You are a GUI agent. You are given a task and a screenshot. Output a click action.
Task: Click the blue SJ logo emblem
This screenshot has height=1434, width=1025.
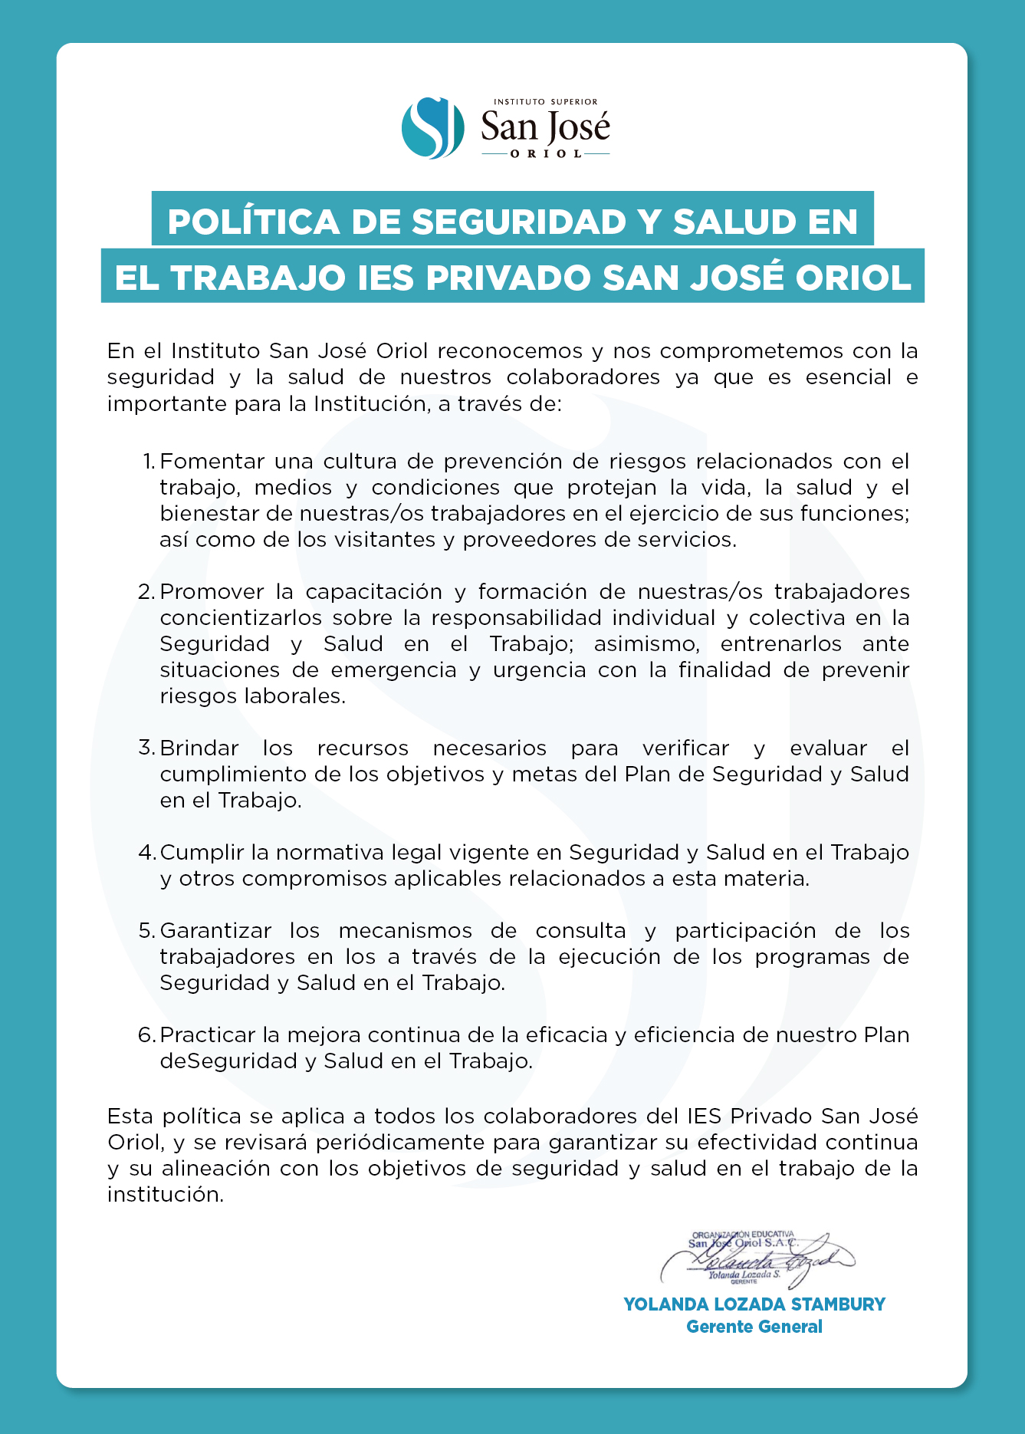click(433, 128)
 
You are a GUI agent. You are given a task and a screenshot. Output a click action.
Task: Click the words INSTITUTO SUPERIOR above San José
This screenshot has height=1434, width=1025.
click(545, 101)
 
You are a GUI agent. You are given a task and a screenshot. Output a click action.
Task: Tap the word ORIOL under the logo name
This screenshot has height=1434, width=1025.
click(546, 153)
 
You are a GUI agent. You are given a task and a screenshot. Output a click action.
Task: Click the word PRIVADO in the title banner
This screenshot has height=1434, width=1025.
click(508, 278)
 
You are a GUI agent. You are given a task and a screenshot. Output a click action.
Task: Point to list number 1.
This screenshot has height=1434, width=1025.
click(149, 462)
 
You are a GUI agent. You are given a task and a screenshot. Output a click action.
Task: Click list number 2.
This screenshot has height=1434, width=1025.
click(147, 592)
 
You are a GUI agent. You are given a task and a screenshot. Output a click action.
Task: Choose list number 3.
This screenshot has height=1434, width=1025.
click(147, 748)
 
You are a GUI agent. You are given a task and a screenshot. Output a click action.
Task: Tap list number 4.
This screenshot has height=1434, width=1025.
click(147, 852)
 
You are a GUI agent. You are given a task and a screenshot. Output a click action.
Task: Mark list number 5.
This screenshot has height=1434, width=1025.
click(147, 930)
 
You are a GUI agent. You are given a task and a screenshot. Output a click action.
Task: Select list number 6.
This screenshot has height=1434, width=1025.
click(147, 1034)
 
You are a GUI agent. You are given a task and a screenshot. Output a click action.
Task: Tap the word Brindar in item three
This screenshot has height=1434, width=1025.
click(199, 748)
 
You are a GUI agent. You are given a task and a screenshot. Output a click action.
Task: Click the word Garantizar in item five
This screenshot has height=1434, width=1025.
click(215, 930)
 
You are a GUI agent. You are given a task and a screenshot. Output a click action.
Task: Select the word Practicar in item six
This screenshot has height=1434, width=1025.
click(208, 1034)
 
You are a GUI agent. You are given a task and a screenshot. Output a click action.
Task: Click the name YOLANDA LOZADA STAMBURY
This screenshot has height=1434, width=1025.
click(754, 1304)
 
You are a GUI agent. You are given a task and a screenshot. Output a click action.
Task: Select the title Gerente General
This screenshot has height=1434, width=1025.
click(754, 1327)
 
